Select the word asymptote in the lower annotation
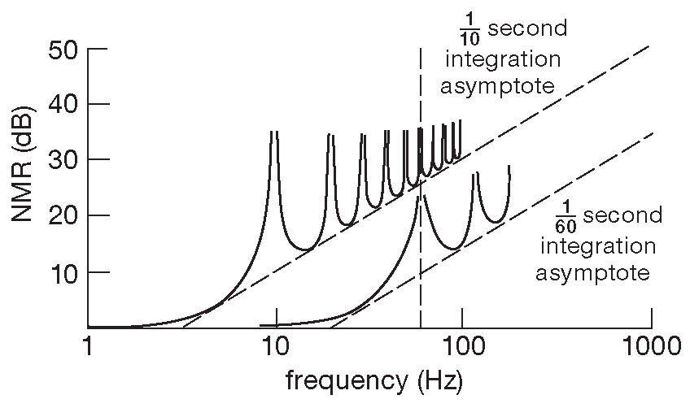tap(592, 272)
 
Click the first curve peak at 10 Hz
tap(274, 132)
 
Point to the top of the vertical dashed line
tap(420, 50)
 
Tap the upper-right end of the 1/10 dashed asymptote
tap(649, 46)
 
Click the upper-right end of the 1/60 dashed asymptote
tap(653, 133)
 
